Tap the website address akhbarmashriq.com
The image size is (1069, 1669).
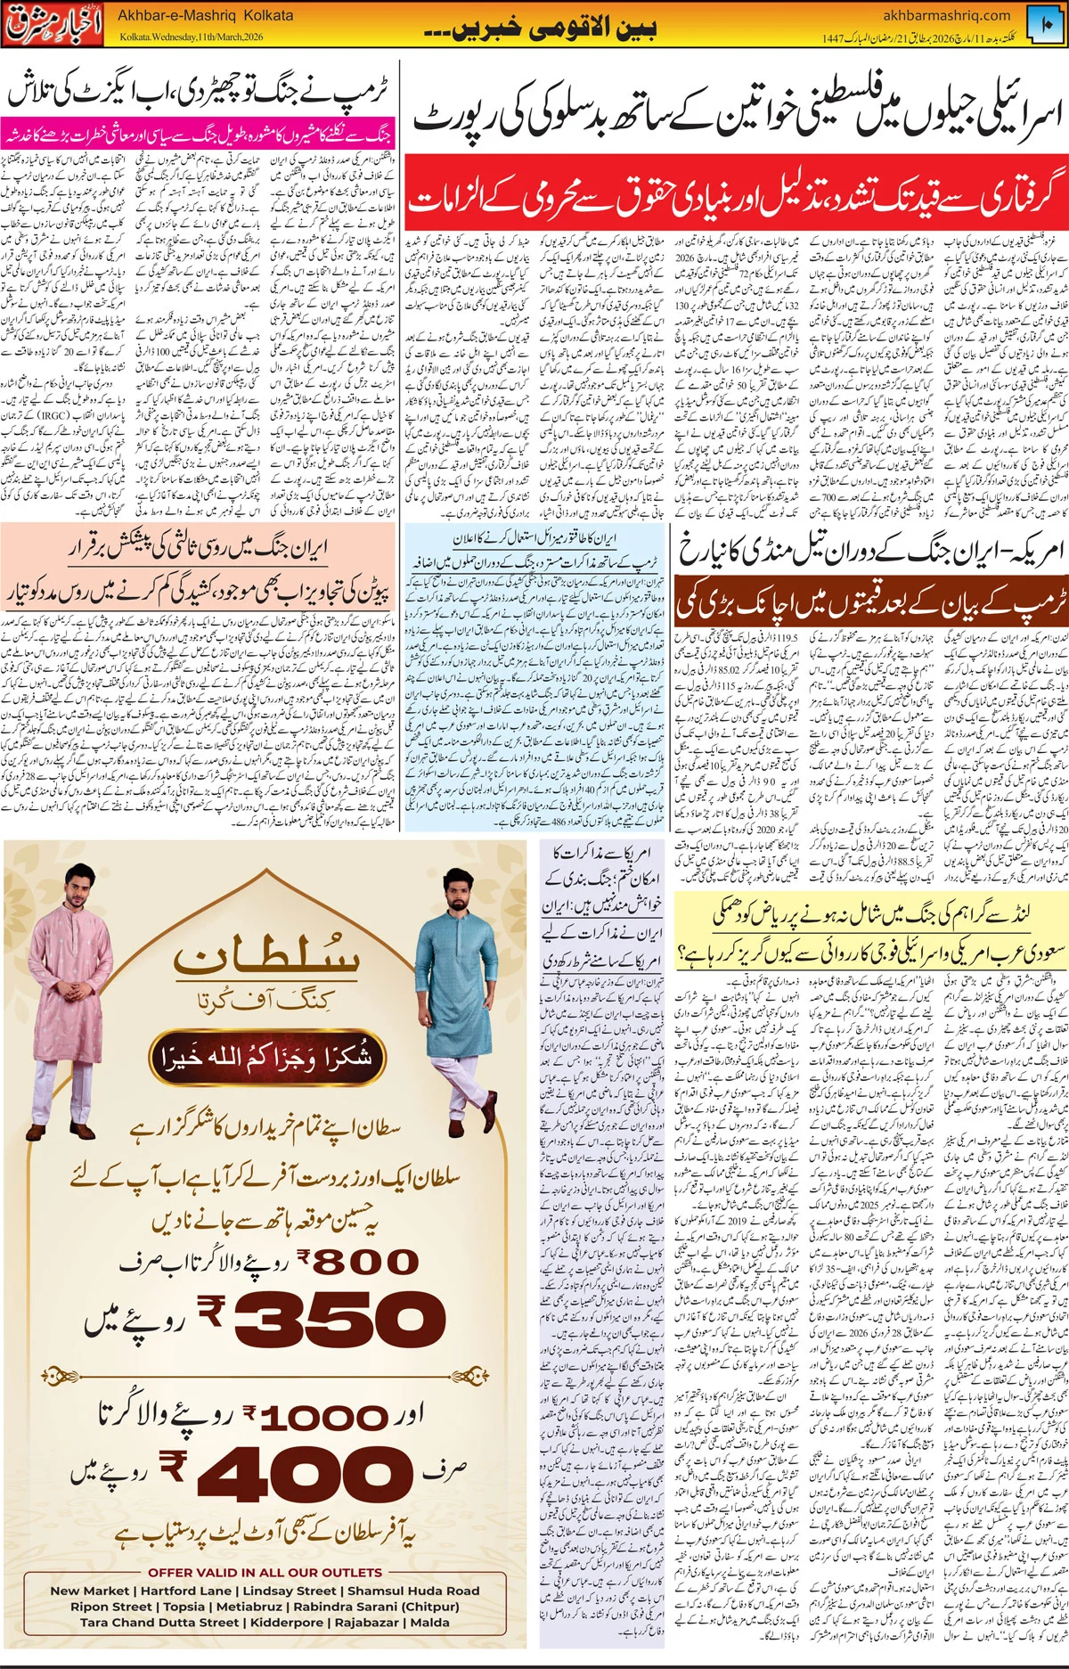[946, 15]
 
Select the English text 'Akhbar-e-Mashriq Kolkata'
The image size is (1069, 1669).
[205, 16]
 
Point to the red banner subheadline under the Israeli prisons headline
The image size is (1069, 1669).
[736, 200]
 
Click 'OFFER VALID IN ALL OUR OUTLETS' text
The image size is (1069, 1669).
[265, 1573]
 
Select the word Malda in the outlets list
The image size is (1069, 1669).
[429, 1622]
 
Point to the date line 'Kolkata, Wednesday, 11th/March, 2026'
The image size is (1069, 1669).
[192, 37]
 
